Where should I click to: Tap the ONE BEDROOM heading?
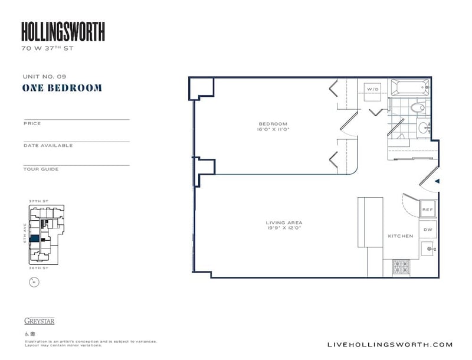(x=62, y=88)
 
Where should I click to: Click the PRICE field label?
(x=32, y=123)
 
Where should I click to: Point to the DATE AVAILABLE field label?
(x=48, y=145)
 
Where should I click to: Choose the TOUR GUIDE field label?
(x=41, y=169)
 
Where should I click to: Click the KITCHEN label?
(x=400, y=236)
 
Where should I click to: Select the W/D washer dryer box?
(x=373, y=89)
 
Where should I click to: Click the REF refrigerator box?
(x=427, y=210)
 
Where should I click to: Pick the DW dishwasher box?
(x=427, y=230)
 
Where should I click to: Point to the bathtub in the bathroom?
(x=407, y=89)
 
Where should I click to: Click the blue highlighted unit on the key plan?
(x=35, y=238)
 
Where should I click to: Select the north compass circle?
(x=33, y=282)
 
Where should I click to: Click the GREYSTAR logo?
(x=39, y=322)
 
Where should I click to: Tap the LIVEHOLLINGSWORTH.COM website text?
(x=389, y=345)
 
